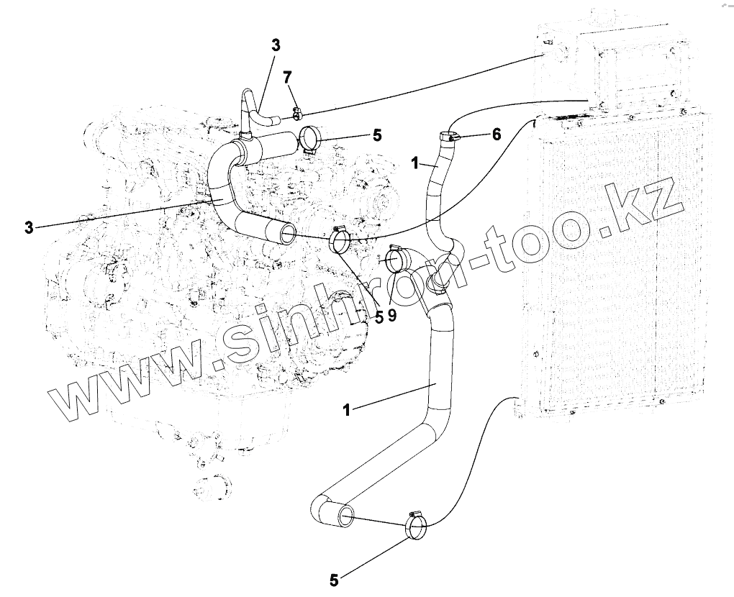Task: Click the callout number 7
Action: point(287,77)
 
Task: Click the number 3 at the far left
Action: point(28,228)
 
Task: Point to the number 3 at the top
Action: point(276,45)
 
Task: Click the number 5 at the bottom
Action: point(333,578)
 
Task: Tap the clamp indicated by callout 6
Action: point(447,136)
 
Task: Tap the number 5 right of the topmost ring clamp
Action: point(377,135)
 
